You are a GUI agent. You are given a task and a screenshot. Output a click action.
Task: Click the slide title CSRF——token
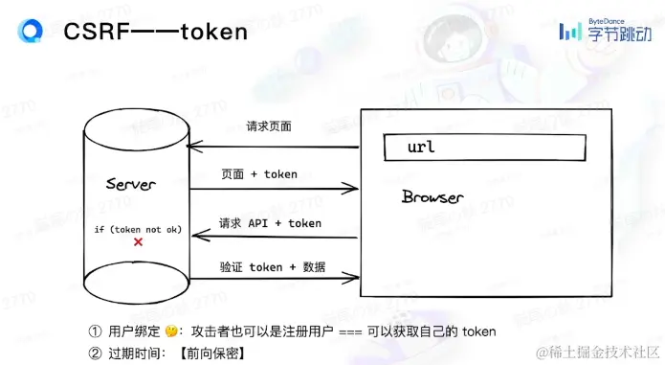155,32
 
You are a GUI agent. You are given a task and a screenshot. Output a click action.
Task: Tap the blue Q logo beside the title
31,32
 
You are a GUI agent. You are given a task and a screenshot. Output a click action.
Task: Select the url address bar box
483,148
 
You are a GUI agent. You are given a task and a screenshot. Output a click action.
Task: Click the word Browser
432,197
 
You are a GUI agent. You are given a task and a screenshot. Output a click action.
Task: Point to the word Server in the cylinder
130,184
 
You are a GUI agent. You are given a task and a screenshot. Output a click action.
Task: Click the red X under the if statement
138,243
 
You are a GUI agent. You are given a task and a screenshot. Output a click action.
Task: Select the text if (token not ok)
138,230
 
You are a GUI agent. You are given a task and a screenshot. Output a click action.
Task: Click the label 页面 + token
259,174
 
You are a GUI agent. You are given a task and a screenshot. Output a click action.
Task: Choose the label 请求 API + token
270,223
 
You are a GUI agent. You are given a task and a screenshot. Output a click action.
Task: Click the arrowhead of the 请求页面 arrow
191,146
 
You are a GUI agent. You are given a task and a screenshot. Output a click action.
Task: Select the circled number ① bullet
95,332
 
